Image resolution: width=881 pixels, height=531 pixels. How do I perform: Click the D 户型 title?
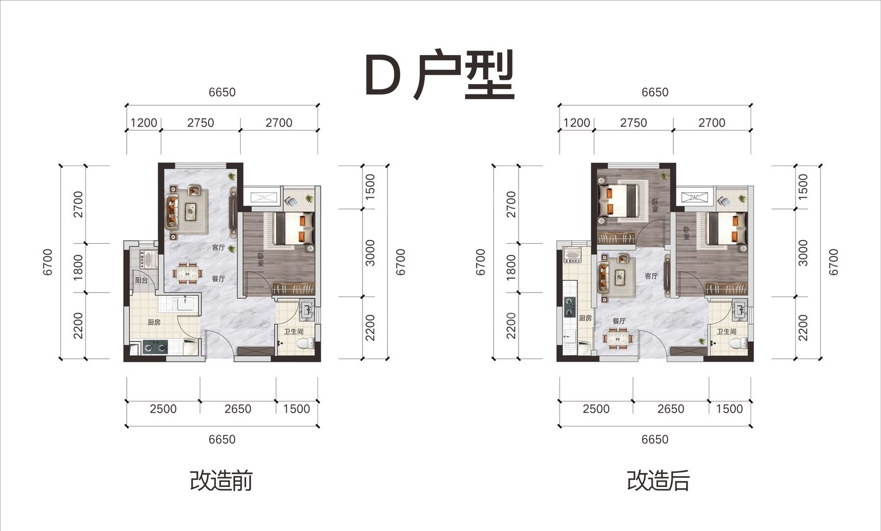click(440, 75)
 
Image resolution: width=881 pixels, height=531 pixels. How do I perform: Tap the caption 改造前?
click(221, 481)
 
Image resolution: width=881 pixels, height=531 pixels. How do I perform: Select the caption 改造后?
click(658, 481)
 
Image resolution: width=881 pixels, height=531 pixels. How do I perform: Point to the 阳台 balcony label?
click(141, 281)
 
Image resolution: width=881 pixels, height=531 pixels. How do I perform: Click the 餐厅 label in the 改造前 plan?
click(219, 279)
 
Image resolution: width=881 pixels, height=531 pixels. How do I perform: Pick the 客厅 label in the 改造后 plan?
click(651, 276)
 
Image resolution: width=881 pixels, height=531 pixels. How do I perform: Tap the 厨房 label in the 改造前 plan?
click(154, 323)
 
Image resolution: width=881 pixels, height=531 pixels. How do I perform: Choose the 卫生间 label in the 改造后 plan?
click(726, 332)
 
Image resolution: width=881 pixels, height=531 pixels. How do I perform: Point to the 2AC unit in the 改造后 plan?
click(694, 198)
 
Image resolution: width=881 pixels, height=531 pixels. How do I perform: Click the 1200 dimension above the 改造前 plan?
click(144, 123)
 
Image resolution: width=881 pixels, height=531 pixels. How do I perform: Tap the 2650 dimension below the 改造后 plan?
click(671, 409)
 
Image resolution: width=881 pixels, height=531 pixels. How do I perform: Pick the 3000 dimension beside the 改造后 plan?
click(803, 253)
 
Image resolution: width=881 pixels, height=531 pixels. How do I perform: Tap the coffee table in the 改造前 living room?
click(190, 211)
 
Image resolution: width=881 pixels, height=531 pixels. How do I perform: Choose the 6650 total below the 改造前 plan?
click(222, 439)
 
